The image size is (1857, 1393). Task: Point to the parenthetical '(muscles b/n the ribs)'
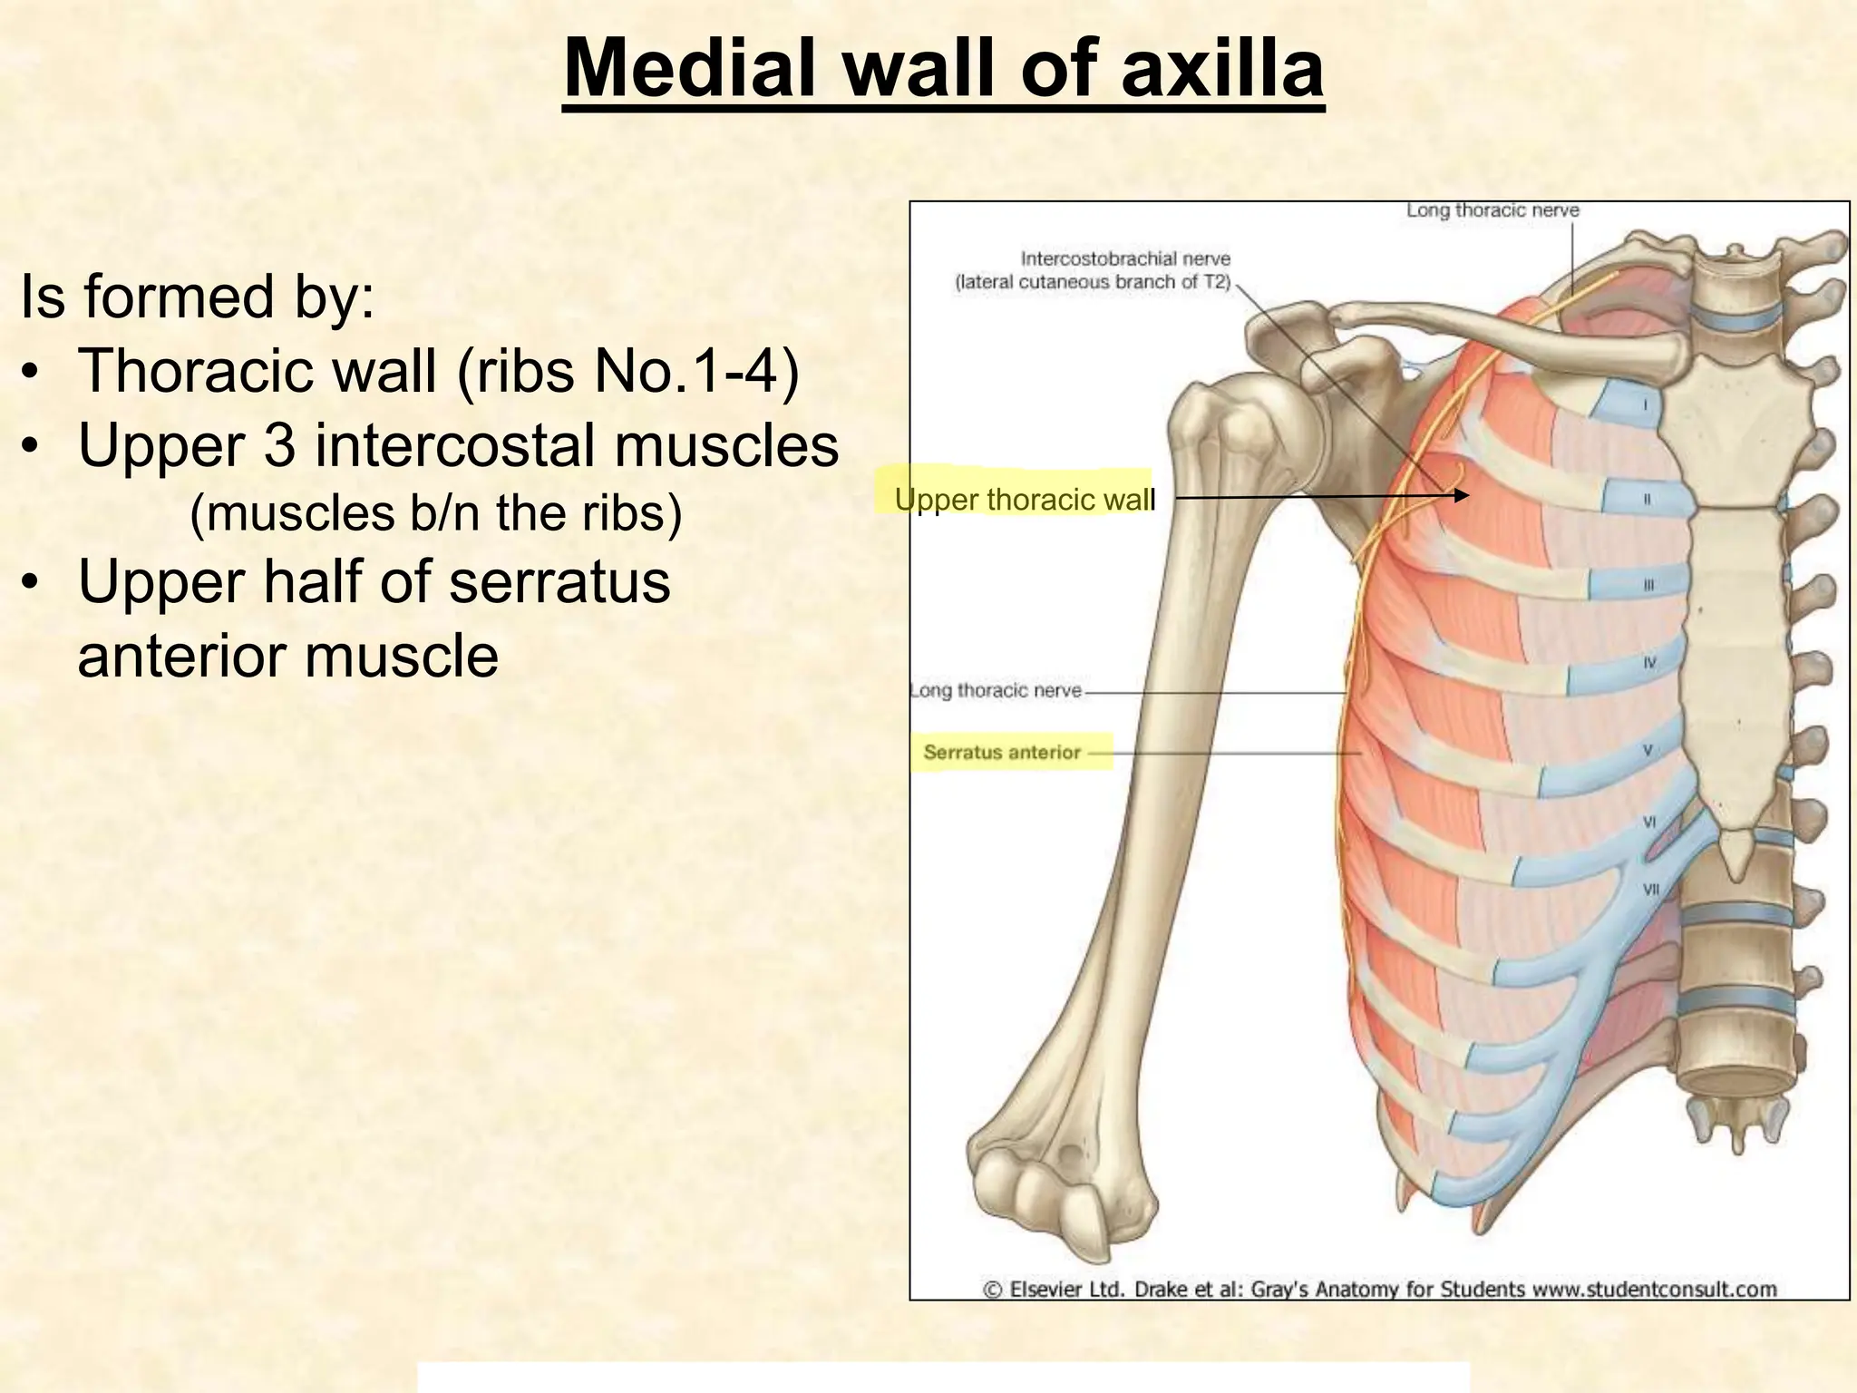435,512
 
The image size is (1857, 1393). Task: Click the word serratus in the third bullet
559,581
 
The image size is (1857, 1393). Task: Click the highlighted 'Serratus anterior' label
1002,752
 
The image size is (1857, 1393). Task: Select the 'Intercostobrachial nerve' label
1125,259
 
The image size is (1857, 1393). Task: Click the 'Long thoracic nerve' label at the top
1492,210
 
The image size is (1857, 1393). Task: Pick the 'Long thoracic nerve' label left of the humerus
996,691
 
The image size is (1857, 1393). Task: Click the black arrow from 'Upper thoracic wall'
1320,496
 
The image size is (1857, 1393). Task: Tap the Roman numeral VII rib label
1651,890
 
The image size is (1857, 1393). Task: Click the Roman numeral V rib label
1648,751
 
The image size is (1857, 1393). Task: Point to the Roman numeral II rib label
1647,500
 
